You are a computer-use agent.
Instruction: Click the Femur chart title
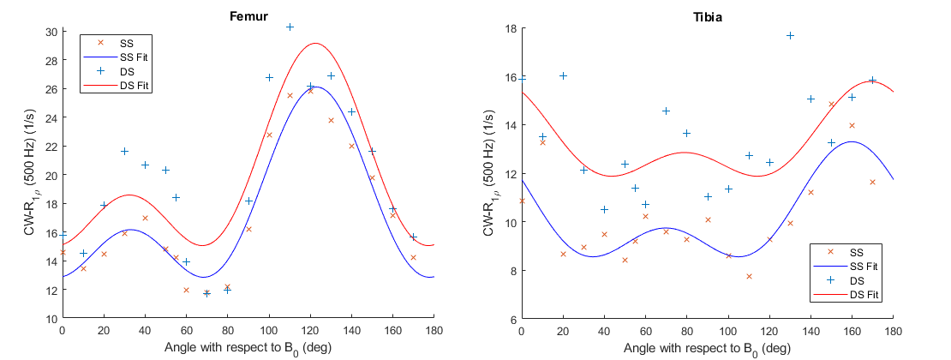click(x=248, y=16)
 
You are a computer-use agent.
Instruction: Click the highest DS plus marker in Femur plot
click(x=290, y=27)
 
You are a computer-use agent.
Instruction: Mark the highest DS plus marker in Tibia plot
click(x=790, y=35)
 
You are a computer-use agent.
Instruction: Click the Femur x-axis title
click(x=248, y=347)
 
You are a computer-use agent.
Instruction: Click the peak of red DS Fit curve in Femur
click(x=315, y=43)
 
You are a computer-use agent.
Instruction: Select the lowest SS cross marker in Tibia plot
click(x=749, y=276)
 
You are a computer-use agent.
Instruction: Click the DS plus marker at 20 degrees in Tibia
click(x=563, y=75)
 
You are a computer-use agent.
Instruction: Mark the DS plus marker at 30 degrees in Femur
click(x=124, y=151)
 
